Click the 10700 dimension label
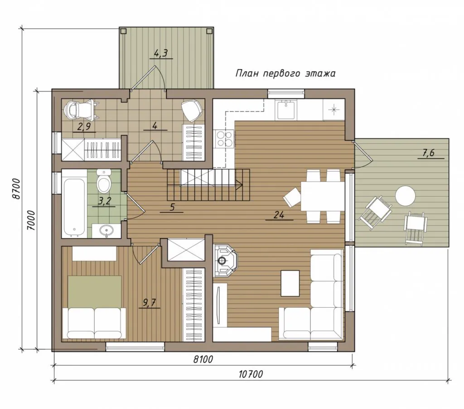251,375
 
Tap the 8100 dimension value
203,359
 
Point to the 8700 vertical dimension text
17,189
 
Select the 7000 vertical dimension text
31,221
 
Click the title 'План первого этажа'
285,73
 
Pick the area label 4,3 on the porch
161,54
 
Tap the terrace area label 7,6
431,153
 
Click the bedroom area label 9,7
149,303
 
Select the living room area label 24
279,215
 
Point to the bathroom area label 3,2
104,202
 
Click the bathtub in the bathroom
74,204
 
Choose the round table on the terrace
406,195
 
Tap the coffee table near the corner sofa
290,283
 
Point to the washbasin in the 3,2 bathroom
106,230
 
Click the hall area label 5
172,207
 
